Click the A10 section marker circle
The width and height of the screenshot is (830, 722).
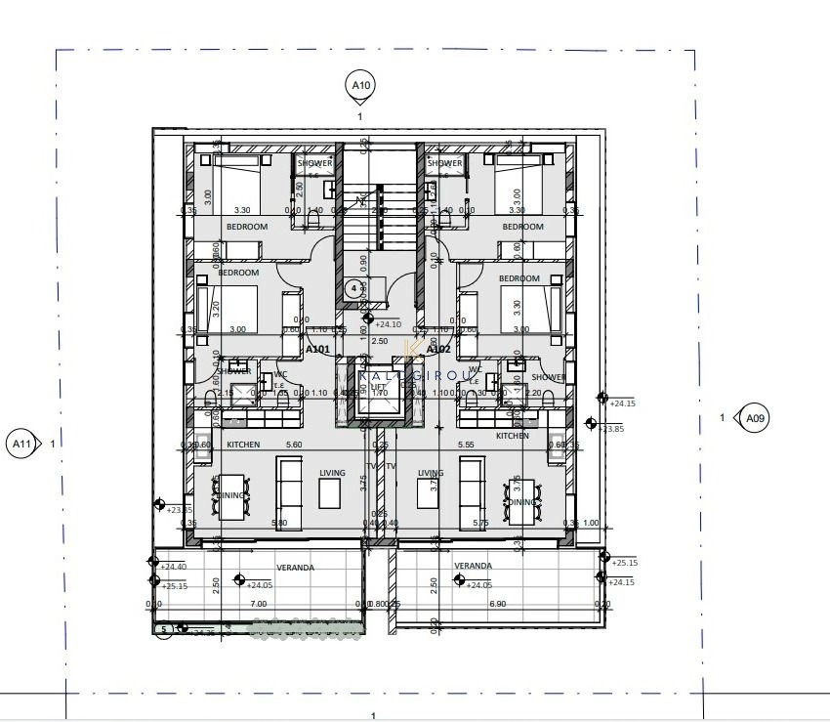point(360,86)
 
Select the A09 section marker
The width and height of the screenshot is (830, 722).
point(754,418)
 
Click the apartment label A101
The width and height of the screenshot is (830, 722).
point(320,349)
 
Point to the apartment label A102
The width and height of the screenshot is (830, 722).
point(438,349)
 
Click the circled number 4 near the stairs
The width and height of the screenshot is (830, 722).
point(353,288)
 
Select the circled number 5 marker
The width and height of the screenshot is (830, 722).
point(165,629)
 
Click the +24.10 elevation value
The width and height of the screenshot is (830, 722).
point(388,324)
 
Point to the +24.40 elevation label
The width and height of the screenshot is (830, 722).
point(173,567)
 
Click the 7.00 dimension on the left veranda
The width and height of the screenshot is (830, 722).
point(258,604)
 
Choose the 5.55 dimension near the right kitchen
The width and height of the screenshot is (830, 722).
point(466,445)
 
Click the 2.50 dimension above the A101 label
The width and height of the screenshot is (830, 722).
point(381,341)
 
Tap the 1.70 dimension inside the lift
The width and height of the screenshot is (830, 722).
point(381,393)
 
